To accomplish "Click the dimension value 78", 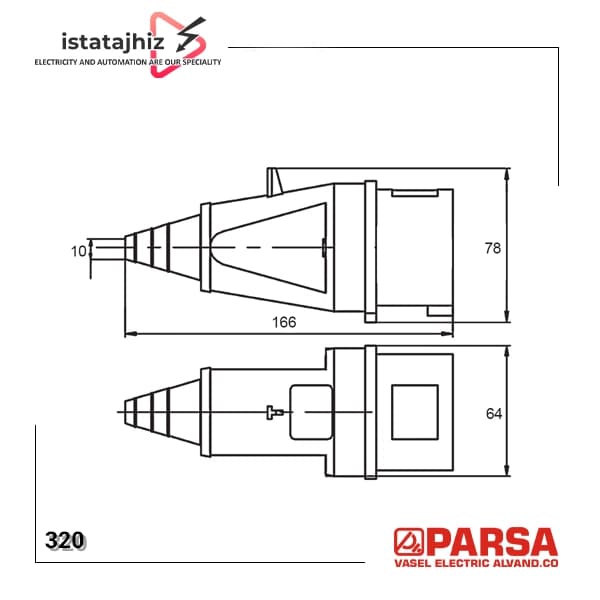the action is [492, 248].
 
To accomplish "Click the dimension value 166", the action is [284, 322].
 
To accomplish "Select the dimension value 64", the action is [494, 414].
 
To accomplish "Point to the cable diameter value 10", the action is [79, 251].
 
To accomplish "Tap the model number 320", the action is [64, 540].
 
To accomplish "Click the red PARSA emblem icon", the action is [409, 542].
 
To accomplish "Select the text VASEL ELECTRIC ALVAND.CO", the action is [476, 563].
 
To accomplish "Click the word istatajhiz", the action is [113, 41].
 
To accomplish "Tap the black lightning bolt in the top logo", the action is [190, 35].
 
